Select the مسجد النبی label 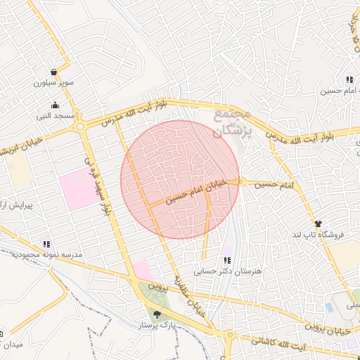(55, 115)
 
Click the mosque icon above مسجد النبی (55, 105)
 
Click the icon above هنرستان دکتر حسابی (226, 260)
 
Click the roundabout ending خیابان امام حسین (240, 181)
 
